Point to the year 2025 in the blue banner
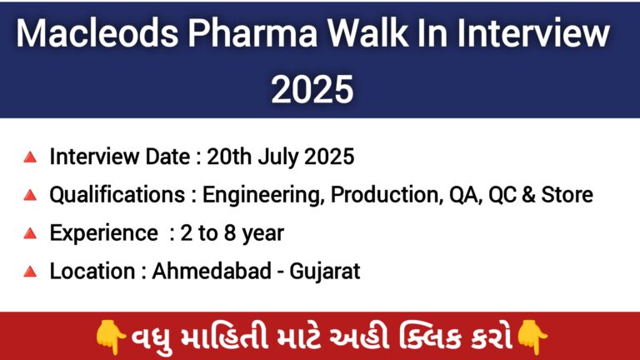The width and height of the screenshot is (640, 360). click(x=312, y=89)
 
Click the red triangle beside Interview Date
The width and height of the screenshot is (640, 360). click(x=30, y=157)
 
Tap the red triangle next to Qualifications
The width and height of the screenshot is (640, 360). click(x=30, y=195)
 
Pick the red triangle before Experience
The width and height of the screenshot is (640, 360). click(x=30, y=233)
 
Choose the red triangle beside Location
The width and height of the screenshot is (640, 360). click(x=30, y=272)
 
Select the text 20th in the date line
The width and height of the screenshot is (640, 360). click(x=229, y=157)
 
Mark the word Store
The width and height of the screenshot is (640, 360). click(x=567, y=195)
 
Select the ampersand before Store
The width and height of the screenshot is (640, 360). click(x=528, y=195)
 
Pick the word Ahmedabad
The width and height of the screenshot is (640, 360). click(x=212, y=271)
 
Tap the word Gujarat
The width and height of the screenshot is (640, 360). click(x=325, y=272)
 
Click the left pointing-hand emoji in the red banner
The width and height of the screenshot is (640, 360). click(x=110, y=337)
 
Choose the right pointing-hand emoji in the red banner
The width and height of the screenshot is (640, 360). click(x=532, y=337)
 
